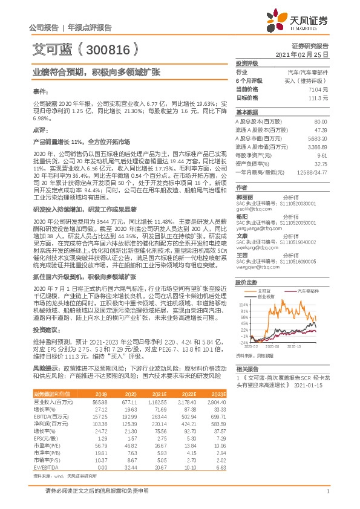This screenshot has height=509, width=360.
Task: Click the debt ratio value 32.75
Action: tap(320, 163)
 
